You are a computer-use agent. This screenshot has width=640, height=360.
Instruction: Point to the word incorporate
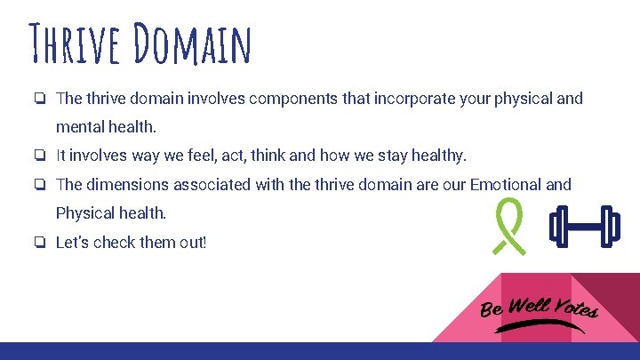390,99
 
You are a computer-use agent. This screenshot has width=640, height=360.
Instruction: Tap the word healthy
433,156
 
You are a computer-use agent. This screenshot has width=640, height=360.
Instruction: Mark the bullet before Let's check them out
41,242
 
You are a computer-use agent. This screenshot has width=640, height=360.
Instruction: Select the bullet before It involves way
41,156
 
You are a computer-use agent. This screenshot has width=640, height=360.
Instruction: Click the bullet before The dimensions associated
41,185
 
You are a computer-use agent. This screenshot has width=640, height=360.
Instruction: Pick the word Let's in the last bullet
72,242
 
